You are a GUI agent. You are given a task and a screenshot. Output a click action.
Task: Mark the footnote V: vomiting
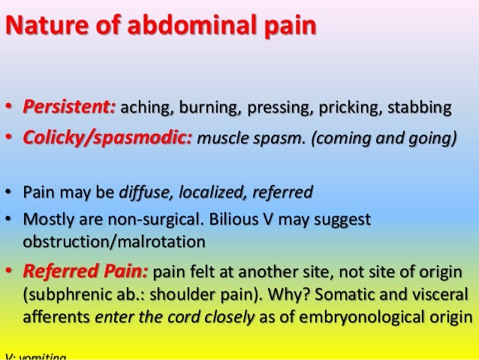(x=36, y=356)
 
